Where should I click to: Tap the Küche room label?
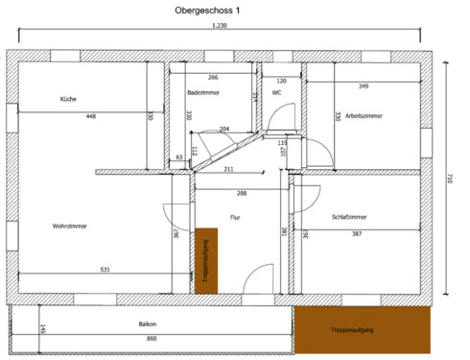click(x=68, y=100)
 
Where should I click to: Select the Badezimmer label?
click(x=203, y=92)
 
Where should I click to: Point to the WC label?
click(x=276, y=93)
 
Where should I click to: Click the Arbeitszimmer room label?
click(x=364, y=115)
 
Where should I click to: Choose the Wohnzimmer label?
click(x=70, y=226)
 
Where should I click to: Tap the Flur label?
click(x=235, y=218)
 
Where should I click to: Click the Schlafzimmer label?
click(x=349, y=218)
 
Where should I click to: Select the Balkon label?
click(x=147, y=324)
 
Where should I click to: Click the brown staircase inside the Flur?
click(x=204, y=261)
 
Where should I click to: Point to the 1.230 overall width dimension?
click(x=220, y=26)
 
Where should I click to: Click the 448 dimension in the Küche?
click(x=90, y=116)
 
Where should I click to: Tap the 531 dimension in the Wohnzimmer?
click(x=105, y=270)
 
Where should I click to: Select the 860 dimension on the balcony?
click(x=151, y=339)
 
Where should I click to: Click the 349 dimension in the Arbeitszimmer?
click(x=364, y=86)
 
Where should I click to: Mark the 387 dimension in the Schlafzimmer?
click(x=357, y=234)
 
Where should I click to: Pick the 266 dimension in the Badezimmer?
click(x=213, y=78)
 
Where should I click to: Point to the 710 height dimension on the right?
click(x=449, y=180)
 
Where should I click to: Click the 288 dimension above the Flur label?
click(x=242, y=194)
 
